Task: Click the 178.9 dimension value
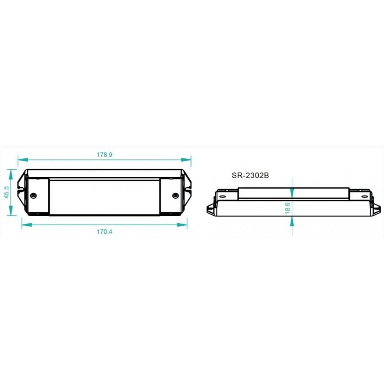point(104,155)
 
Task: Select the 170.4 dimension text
point(104,231)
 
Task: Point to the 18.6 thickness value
point(287,207)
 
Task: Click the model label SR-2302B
point(250,176)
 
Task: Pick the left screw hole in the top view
point(34,195)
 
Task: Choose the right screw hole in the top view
point(175,195)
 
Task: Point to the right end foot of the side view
point(376,209)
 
